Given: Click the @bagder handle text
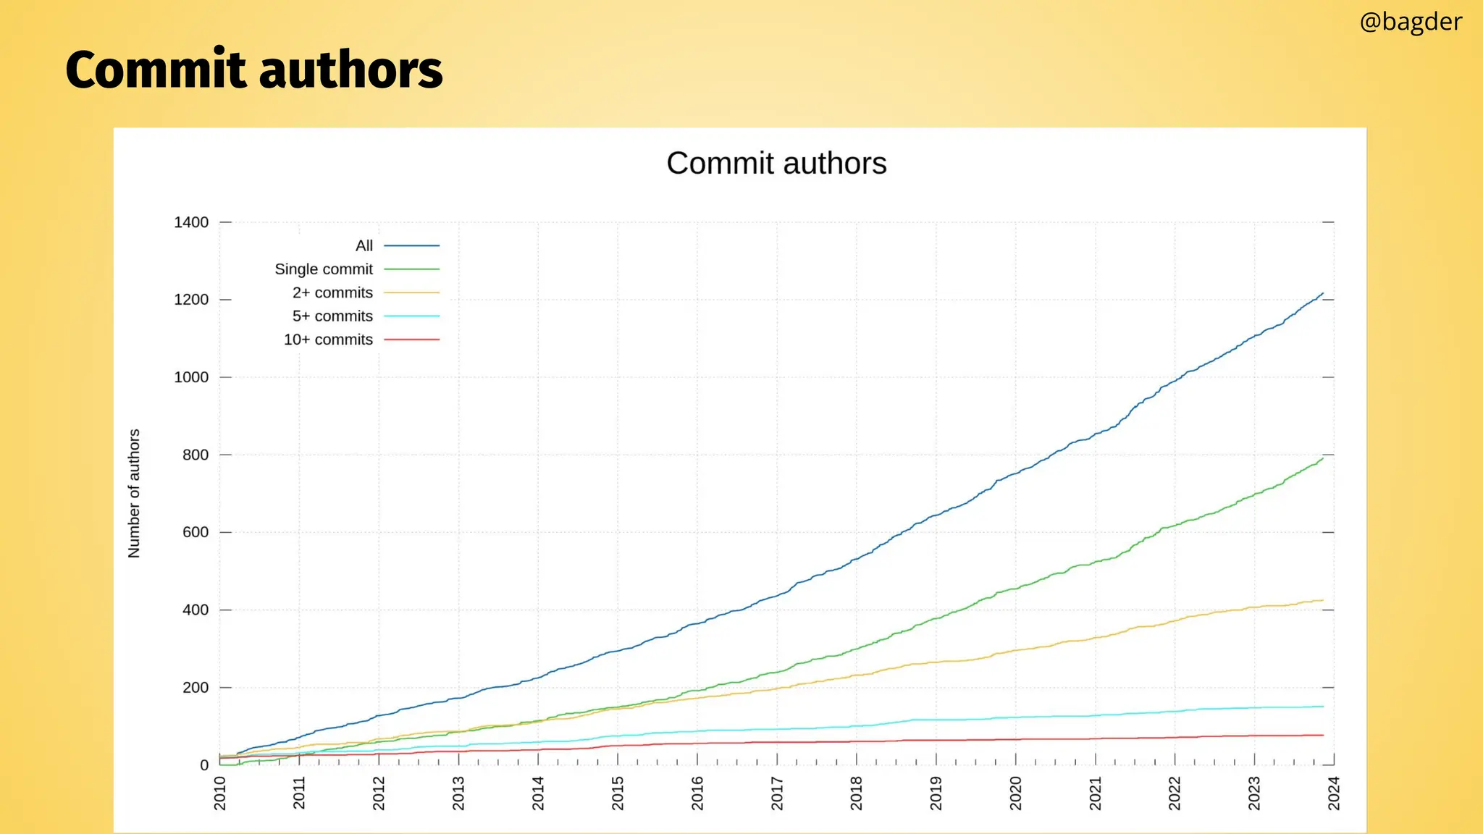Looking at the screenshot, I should click(1410, 22).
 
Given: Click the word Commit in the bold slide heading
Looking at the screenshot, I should click(156, 70).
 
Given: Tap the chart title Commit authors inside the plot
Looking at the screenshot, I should click(776, 164).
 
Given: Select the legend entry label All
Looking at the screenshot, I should click(364, 246).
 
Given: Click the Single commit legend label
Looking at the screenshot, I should click(324, 269).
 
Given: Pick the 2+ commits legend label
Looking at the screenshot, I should click(332, 293).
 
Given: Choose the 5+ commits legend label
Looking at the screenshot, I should click(332, 316).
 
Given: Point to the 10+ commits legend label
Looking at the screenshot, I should click(328, 340).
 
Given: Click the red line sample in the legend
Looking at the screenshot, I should click(411, 340).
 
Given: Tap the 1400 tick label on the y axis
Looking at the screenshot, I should click(191, 222).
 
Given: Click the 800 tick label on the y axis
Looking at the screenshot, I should click(196, 455).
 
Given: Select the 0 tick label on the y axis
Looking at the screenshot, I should click(204, 765).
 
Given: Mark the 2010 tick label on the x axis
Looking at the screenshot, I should click(220, 793).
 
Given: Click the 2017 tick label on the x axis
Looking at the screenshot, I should click(777, 793).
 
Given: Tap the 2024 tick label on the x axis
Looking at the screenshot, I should click(1334, 793).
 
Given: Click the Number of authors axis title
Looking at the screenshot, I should click(134, 493).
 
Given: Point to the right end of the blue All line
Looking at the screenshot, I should click(1323, 293).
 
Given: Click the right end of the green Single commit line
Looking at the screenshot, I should click(1323, 458).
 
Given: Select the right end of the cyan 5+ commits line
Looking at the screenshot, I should click(1323, 707).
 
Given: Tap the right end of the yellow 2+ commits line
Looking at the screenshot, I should click(1323, 600).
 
